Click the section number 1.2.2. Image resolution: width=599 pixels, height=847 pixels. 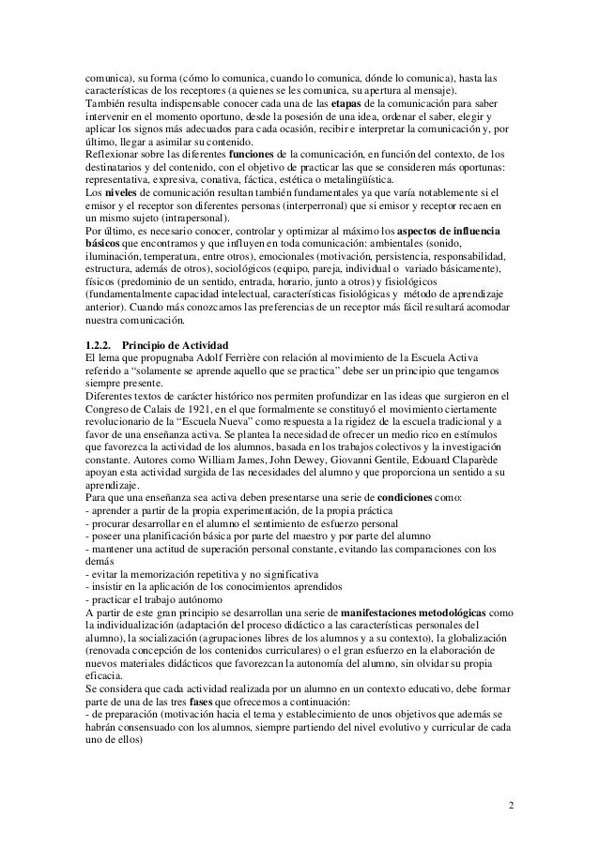(101, 344)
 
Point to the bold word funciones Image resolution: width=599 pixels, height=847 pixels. (257, 153)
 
